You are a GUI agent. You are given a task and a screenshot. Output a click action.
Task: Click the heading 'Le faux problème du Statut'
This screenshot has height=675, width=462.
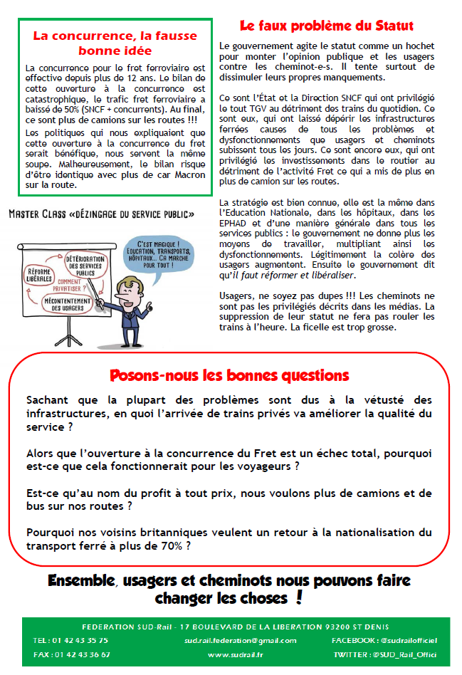pos(327,26)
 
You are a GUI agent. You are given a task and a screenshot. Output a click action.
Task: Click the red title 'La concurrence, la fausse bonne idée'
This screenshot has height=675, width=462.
pos(115,42)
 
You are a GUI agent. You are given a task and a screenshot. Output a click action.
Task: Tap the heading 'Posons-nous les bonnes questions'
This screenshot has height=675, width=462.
pos(229,375)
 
